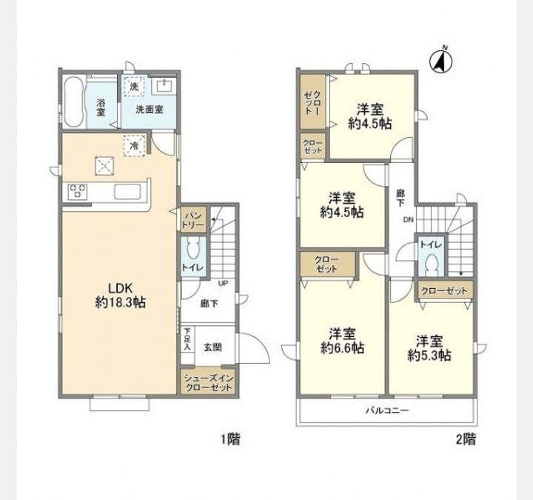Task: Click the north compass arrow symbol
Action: [x=441, y=61]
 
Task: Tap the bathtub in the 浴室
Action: [x=74, y=101]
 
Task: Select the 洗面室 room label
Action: [x=150, y=110]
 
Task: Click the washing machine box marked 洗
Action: [x=134, y=87]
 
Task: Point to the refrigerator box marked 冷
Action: [x=134, y=146]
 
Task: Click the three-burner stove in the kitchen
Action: [x=78, y=191]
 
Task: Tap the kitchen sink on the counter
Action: [x=127, y=191]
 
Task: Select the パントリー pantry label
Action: [x=193, y=220]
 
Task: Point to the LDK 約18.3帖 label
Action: [x=121, y=295]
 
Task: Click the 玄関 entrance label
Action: [x=213, y=347]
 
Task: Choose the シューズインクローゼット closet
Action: [x=208, y=381]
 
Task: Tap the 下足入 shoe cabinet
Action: [x=187, y=344]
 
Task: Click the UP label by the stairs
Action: [x=223, y=283]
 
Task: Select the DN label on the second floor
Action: [x=408, y=220]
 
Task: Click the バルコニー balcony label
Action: [x=387, y=410]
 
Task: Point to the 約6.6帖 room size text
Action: [x=342, y=348]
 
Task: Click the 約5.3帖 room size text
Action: [x=429, y=356]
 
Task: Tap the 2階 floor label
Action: [x=466, y=439]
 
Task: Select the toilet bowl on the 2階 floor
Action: [x=432, y=263]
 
